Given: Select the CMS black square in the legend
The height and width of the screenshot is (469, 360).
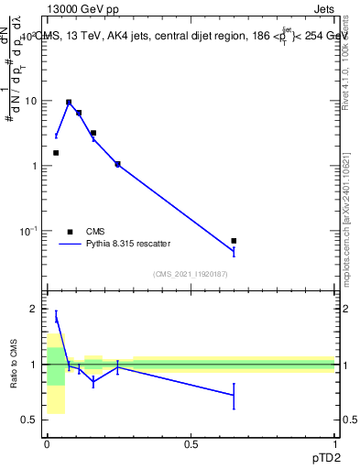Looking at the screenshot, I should point(69,232).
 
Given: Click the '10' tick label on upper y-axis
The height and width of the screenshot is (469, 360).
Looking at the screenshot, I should point(31,101).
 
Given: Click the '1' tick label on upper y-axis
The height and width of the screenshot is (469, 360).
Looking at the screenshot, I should point(35,166).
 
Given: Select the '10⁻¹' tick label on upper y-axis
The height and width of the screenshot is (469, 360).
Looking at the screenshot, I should point(28,230).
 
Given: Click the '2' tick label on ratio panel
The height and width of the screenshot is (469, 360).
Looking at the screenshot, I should point(35,310).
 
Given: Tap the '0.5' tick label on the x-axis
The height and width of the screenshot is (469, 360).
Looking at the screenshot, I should point(191,444).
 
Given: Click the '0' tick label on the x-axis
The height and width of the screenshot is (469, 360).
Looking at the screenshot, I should point(46,444).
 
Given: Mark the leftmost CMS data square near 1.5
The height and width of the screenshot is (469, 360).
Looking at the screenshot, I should point(56,153).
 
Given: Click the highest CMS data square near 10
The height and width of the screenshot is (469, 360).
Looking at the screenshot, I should point(69,103).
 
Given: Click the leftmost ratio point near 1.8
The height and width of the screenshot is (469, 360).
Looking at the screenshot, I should point(56,318).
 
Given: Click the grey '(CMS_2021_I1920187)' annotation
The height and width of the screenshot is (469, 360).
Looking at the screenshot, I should point(190,273).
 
